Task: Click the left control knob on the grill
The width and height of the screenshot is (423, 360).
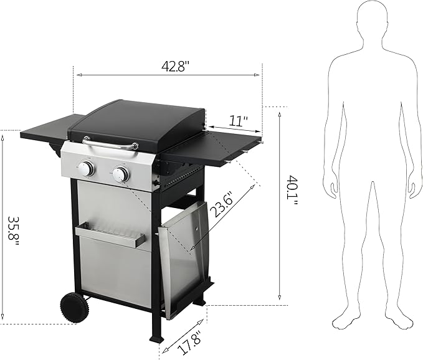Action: pyautogui.click(x=86, y=168)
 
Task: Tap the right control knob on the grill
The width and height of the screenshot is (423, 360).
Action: pyautogui.click(x=120, y=174)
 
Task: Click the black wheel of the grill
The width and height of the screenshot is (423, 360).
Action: pyautogui.click(x=73, y=307)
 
